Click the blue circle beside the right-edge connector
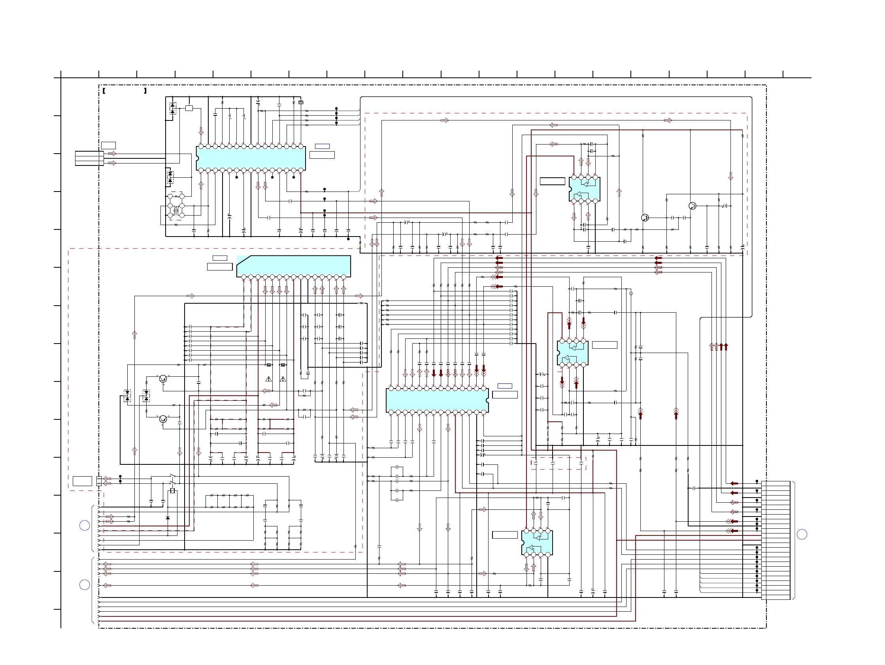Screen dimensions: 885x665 (802, 534)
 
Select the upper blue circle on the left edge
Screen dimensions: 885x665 (85, 526)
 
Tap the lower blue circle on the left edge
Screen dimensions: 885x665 (85, 585)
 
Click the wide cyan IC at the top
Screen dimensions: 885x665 (251, 158)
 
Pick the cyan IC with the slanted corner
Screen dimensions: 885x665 (294, 266)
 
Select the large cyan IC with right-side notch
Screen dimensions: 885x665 (437, 400)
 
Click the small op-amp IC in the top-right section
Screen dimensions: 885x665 (584, 190)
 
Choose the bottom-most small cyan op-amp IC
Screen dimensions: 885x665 (537, 543)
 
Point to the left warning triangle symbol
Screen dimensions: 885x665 (268, 379)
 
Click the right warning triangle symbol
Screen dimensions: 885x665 (283, 379)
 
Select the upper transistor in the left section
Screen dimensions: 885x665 (163, 378)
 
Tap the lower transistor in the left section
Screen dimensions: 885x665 (163, 419)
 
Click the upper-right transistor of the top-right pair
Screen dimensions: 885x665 (693, 206)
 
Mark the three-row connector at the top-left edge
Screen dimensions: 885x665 (89, 158)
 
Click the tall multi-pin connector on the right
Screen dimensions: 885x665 (776, 540)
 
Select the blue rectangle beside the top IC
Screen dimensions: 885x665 (322, 146)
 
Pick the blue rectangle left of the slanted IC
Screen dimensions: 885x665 (220, 258)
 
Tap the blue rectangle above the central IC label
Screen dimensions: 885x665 (504, 386)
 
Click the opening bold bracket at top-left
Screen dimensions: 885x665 (104, 91)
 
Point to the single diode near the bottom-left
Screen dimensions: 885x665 (168, 518)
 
